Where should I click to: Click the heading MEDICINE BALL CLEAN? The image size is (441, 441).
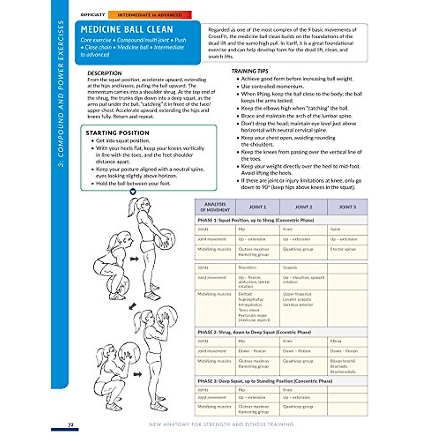[x=126, y=29]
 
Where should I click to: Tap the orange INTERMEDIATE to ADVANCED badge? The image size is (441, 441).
[x=150, y=15]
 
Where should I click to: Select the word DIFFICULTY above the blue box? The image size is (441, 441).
[x=93, y=15]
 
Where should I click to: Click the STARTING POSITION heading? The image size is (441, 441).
[x=117, y=133]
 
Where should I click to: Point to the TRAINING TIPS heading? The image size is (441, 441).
[x=250, y=71]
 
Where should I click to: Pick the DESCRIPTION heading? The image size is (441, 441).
[x=104, y=73]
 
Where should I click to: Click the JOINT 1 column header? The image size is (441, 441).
[x=258, y=207]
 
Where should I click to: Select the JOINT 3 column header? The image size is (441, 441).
[x=347, y=207]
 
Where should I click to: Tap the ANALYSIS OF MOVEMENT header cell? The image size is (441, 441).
[x=215, y=207]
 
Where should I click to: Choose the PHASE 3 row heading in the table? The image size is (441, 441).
[x=265, y=381]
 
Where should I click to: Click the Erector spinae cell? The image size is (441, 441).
[x=343, y=249]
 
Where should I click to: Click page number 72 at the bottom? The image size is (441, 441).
[x=71, y=425]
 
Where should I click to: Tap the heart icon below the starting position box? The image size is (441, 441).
[x=133, y=191]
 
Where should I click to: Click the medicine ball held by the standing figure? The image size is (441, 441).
[x=164, y=239]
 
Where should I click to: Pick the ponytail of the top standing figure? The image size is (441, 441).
[x=132, y=208]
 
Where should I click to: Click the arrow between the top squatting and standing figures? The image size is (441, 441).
[x=135, y=259]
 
